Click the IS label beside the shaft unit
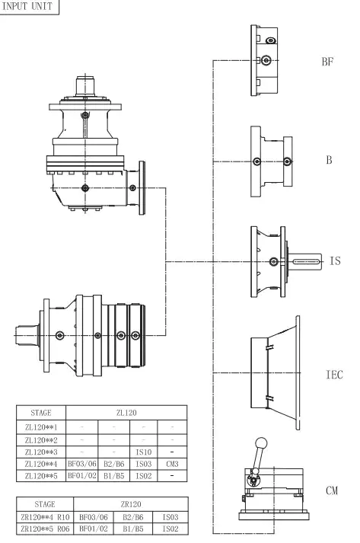pos(334,261)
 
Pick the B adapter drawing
pos(271,161)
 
